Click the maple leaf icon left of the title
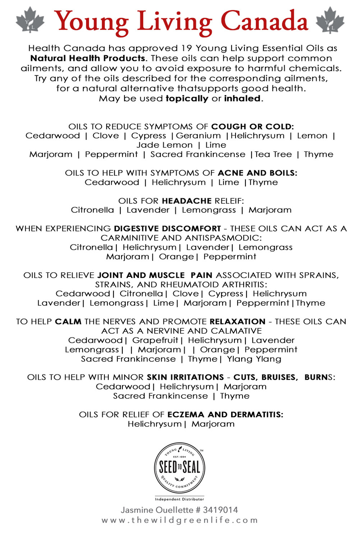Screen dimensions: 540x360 click(30, 20)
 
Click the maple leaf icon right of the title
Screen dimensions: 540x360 click(330, 20)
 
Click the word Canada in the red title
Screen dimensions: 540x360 click(264, 21)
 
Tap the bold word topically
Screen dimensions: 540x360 click(187, 99)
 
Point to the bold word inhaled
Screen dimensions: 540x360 click(242, 99)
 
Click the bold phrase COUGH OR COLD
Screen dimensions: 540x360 click(252, 127)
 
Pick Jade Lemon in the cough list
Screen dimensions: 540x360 click(165, 145)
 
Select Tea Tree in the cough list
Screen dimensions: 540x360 click(273, 154)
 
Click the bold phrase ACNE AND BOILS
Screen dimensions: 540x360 click(258, 173)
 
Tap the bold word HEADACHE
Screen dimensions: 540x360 click(186, 201)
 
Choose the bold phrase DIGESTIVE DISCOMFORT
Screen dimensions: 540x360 click(167, 229)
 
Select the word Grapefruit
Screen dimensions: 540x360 click(155, 340)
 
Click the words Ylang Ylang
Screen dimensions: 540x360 click(254, 359)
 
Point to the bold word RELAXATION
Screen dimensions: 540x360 click(238, 321)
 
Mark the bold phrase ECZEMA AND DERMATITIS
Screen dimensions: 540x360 click(225, 415)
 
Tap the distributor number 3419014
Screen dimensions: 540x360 click(220, 510)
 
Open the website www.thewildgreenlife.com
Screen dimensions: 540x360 click(180, 520)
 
